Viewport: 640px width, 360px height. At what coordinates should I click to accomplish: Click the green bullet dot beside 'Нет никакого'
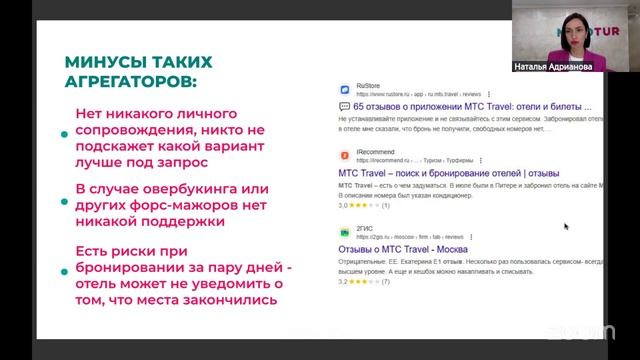(x=65, y=132)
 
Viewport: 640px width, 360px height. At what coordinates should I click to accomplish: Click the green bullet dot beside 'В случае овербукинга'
(x=65, y=208)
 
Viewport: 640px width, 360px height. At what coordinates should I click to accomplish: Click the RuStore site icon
(x=344, y=88)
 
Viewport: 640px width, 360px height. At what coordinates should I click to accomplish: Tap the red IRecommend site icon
(x=344, y=155)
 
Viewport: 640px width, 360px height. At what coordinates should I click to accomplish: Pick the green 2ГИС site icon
(x=344, y=231)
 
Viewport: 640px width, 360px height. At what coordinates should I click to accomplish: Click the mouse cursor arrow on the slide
(x=566, y=227)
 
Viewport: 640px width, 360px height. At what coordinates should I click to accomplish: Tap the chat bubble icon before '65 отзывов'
(x=344, y=105)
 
